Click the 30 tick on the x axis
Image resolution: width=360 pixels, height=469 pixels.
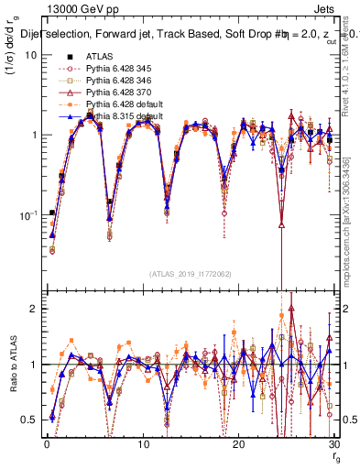coord(334,444)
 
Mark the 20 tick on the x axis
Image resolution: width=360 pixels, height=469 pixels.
coord(238,444)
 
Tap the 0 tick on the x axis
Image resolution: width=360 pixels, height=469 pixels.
coord(47,444)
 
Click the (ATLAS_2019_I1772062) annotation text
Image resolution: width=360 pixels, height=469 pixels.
coord(190,273)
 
